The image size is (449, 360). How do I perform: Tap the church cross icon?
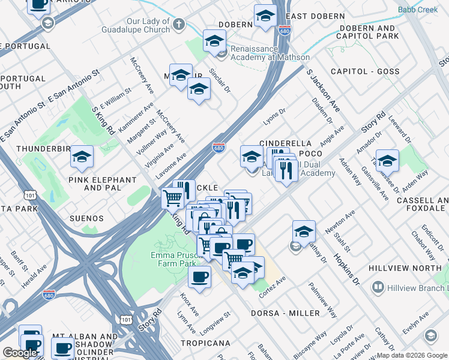[178, 25]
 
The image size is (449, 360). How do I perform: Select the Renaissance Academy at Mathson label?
[264, 53]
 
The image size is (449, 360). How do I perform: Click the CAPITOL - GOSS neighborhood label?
[365, 71]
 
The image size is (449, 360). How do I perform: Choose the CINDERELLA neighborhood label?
[285, 143]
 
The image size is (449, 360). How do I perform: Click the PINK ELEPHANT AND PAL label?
[103, 184]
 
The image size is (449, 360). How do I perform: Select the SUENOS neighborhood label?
[86, 218]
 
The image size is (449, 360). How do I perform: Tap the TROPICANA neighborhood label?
[205, 343]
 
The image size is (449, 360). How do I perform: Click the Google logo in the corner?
[20, 352]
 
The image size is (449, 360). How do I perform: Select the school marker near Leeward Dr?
[388, 161]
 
